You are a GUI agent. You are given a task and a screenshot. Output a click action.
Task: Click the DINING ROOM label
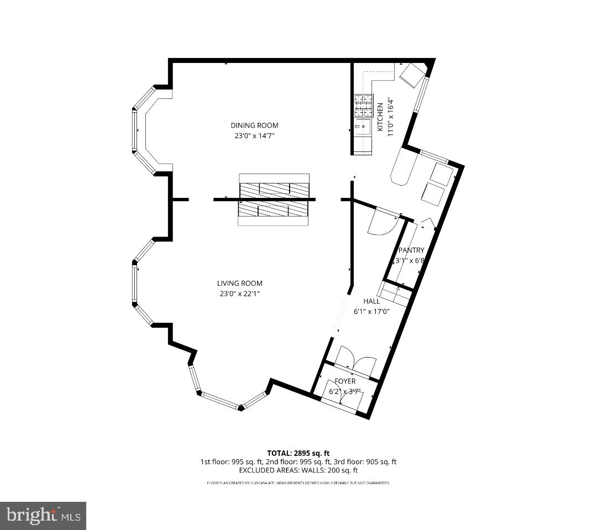coord(254,125)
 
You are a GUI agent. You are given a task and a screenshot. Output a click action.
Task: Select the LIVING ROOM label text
coord(239,284)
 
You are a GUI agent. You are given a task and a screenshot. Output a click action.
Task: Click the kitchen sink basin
coord(363,127)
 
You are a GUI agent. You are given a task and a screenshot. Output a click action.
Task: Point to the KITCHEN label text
coord(380,117)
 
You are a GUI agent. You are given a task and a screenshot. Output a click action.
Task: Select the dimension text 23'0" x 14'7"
coord(254,135)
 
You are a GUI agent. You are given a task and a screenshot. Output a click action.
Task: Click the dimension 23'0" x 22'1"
coord(239,294)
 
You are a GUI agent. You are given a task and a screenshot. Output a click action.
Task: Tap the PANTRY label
coord(411,250)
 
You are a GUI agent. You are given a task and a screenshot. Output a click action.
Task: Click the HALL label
coord(371,301)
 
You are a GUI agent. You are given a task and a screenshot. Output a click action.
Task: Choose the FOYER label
coord(345,381)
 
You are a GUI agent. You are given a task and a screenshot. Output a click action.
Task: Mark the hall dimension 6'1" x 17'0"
coord(371,311)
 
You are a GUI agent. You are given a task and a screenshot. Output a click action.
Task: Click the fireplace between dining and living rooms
coord(274,200)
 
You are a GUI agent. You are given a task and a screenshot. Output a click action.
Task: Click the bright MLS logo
coord(43,516)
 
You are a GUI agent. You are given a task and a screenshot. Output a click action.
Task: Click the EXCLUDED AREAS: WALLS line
coord(298,470)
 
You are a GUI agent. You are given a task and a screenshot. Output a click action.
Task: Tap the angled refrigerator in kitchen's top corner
coord(412,75)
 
